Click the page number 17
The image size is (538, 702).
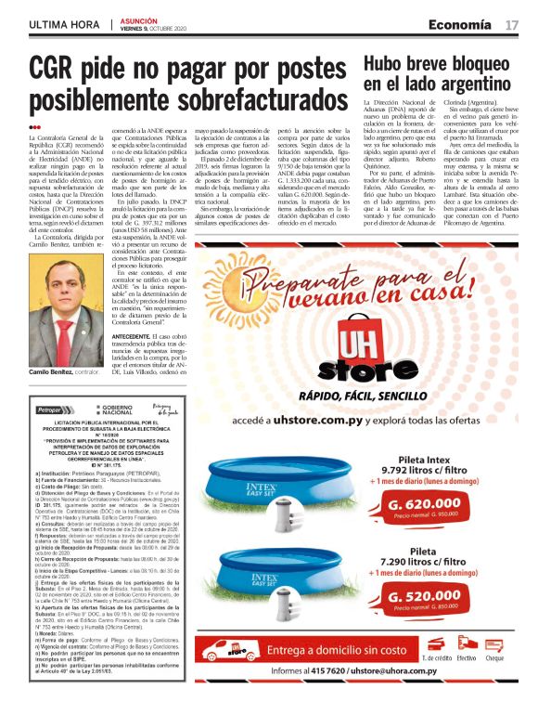[x=512, y=24]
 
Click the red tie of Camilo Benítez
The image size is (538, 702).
[x=77, y=319]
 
